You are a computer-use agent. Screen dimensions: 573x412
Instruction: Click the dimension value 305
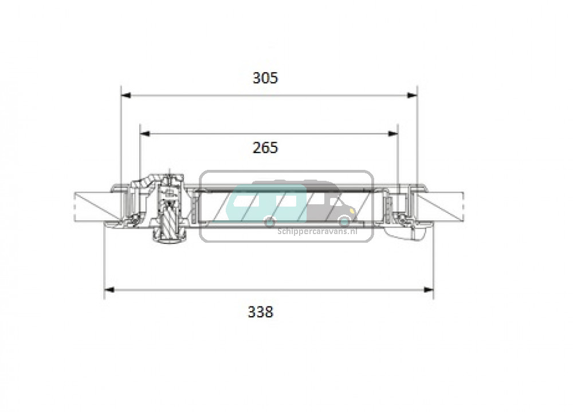[265, 78]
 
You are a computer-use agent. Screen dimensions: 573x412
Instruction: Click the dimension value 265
[265, 148]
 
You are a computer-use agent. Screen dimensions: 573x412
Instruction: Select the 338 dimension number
[261, 312]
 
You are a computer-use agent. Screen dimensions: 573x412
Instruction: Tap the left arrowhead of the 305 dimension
[125, 95]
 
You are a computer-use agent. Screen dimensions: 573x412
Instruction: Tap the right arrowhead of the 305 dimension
[412, 95]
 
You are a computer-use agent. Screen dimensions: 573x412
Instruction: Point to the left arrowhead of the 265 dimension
[145, 134]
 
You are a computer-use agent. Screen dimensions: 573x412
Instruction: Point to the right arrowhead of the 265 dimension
[393, 134]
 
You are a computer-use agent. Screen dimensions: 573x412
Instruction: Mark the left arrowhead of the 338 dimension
[109, 290]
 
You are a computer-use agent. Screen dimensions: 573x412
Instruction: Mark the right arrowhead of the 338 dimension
[429, 290]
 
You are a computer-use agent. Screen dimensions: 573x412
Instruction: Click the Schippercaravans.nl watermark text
[317, 231]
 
